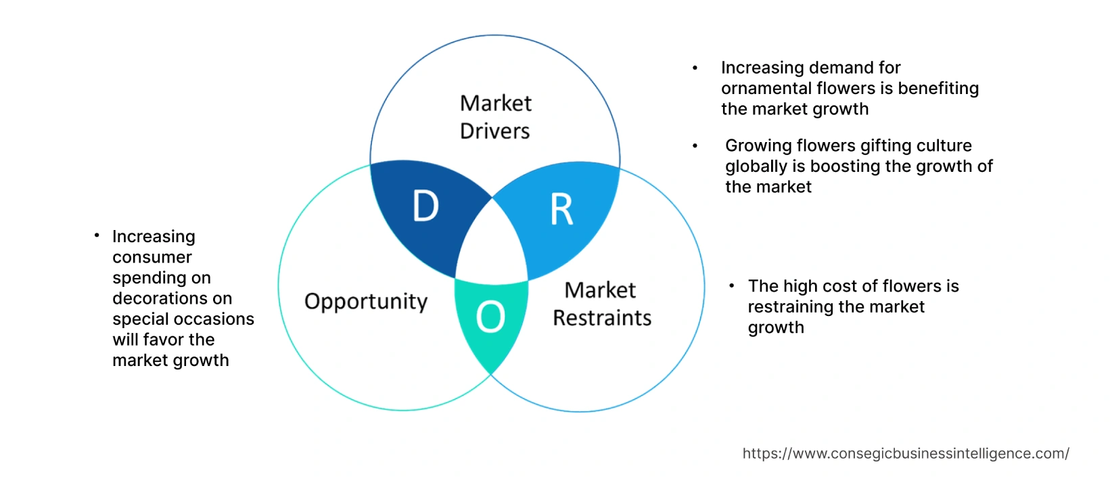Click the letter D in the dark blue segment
[425, 206]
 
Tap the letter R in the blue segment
[561, 210]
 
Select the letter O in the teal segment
[490, 317]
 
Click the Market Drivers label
[495, 117]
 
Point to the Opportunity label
[366, 301]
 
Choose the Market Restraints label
[601, 304]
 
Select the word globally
[756, 166]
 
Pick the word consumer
[152, 257]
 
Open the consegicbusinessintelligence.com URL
[906, 453]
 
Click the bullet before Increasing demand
[695, 68]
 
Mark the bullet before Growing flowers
[695, 145]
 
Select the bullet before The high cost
[731, 286]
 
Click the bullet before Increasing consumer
[97, 235]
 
